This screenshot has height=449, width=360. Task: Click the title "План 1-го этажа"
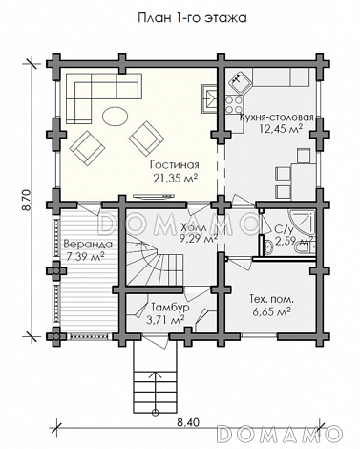(x=192, y=18)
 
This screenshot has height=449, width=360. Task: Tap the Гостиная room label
(x=175, y=165)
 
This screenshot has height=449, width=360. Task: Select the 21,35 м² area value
(x=175, y=178)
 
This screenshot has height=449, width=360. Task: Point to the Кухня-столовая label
(x=277, y=117)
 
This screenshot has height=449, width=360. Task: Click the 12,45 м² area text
(x=281, y=129)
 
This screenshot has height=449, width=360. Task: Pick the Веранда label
(x=88, y=245)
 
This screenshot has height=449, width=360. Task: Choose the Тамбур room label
(x=170, y=308)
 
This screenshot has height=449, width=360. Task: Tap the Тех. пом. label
(x=271, y=299)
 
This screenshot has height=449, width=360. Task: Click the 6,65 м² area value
(x=272, y=311)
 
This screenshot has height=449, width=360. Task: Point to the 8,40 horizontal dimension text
(x=188, y=422)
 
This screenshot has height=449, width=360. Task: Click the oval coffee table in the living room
(x=115, y=116)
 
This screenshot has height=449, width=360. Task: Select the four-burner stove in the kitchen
(x=234, y=105)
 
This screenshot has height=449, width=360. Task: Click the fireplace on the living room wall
(x=209, y=99)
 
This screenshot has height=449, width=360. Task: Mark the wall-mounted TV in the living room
(x=154, y=196)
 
